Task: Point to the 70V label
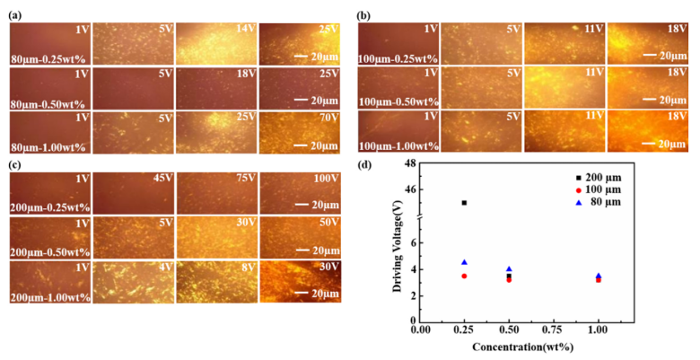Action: coord(328,117)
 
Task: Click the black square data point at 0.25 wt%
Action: coord(464,203)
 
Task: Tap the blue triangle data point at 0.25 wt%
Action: coord(464,262)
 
